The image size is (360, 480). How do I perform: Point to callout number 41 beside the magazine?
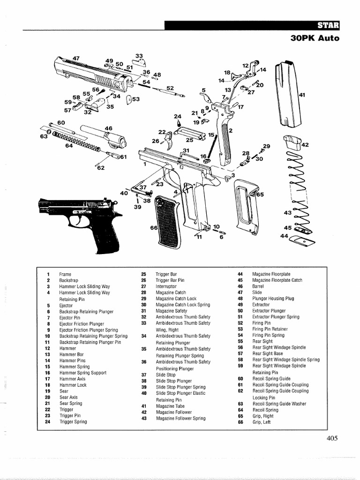pyautogui.click(x=302, y=95)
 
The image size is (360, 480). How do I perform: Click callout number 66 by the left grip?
pyautogui.click(x=153, y=228)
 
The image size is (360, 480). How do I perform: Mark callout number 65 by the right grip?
pyautogui.click(x=260, y=194)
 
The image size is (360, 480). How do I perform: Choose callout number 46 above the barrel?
pyautogui.click(x=109, y=128)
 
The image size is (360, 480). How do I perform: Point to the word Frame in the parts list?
pyautogui.click(x=65, y=274)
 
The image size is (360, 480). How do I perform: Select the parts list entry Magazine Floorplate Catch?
pyautogui.click(x=277, y=280)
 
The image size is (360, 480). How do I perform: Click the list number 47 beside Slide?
pyautogui.click(x=240, y=292)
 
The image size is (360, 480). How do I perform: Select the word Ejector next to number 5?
pyautogui.click(x=66, y=305)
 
